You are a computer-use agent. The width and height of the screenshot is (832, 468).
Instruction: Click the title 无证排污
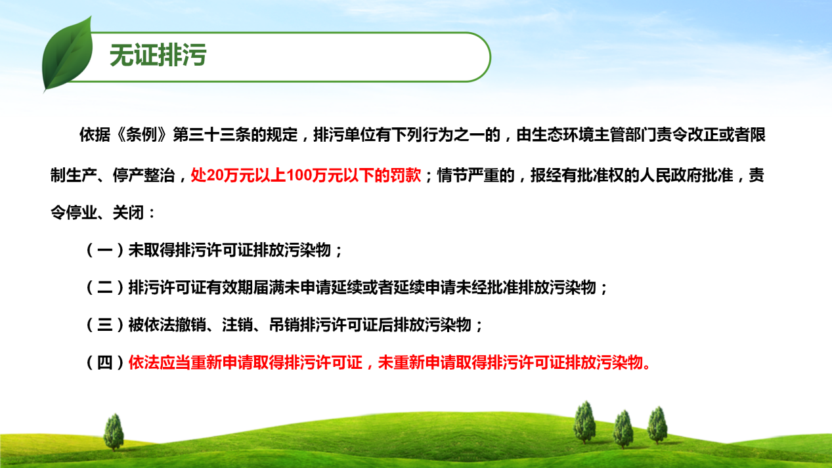click(158, 55)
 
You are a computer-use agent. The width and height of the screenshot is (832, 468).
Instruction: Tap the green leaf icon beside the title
click(68, 54)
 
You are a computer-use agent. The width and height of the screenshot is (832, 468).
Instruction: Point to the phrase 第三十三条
click(211, 135)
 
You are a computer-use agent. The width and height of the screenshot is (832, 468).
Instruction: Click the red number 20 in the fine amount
click(214, 175)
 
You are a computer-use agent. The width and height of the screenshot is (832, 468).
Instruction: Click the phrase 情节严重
click(468, 175)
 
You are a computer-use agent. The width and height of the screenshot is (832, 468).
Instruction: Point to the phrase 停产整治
click(143, 175)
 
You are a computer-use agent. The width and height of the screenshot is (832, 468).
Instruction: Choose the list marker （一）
click(105, 250)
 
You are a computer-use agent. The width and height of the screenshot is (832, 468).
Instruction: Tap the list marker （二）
click(105, 287)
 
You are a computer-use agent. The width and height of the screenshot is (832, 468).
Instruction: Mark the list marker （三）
click(105, 325)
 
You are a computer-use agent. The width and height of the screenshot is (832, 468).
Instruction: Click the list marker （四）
click(105, 362)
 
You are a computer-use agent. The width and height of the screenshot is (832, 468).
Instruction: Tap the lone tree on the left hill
click(114, 432)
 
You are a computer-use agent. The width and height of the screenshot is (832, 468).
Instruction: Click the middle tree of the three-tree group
click(623, 429)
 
